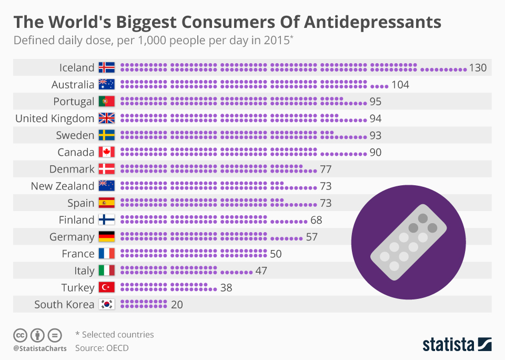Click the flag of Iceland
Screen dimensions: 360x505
107,68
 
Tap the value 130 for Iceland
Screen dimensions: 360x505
478,68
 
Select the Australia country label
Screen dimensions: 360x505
73,85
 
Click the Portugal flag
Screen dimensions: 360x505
107,102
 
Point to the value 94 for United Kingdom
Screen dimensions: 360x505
375,118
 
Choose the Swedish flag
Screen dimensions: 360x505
107,135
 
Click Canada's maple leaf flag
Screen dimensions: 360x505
107,152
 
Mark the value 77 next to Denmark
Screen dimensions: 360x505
326,169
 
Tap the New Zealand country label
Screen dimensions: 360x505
63,186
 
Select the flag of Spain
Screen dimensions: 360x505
107,203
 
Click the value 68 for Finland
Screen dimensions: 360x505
316,219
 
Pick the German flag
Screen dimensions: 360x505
107,236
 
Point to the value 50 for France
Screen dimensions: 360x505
276,254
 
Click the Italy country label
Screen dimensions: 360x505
84,271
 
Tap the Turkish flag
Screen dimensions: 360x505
107,287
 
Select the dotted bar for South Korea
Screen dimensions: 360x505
144,304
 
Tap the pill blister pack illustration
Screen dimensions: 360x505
409,243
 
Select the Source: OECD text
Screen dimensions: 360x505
102,348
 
